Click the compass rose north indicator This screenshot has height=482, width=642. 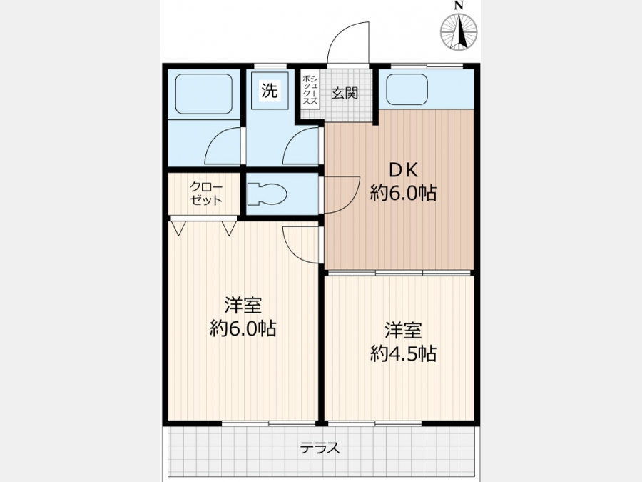[459, 32]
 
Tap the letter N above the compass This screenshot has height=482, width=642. [459, 5]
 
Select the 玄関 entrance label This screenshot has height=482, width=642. [345, 93]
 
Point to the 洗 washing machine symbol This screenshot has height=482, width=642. [270, 91]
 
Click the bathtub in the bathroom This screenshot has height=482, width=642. [204, 94]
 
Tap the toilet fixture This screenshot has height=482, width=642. [267, 194]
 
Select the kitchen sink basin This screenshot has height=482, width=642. [407, 89]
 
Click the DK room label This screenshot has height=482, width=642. [403, 170]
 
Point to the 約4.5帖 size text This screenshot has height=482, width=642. [403, 353]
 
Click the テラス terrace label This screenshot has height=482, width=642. [320, 448]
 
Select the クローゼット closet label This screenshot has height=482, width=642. [206, 194]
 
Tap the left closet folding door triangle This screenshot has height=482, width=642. [178, 228]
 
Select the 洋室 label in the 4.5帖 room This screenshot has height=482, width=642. [403, 331]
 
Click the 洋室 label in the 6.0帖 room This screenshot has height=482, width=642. [243, 306]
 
